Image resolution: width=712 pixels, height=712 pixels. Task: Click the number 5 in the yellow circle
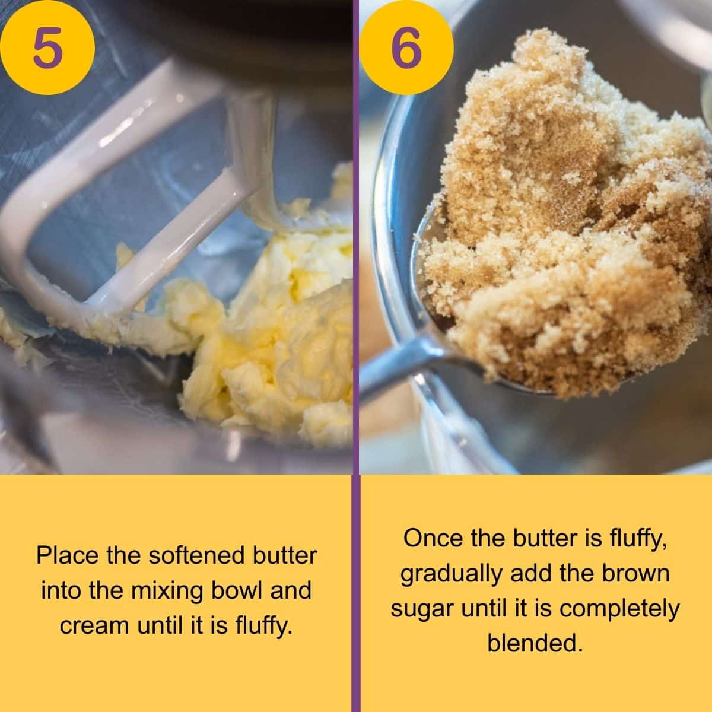click(x=47, y=47)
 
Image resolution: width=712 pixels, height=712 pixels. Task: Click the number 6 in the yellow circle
click(x=406, y=47)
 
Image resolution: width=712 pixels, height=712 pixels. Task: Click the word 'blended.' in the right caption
click(x=532, y=644)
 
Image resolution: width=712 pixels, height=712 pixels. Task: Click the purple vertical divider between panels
click(x=356, y=356)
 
